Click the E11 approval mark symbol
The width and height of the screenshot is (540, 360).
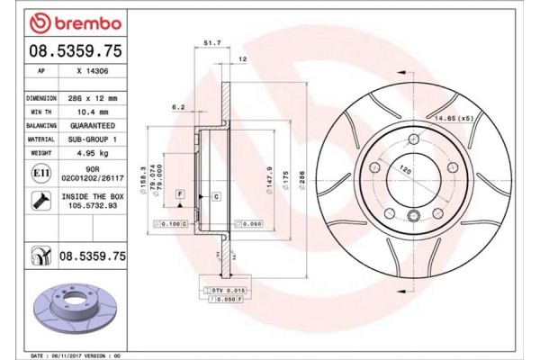(40, 172)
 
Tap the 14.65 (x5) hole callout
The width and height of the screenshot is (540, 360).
(454, 119)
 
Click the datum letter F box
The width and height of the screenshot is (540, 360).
(180, 194)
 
